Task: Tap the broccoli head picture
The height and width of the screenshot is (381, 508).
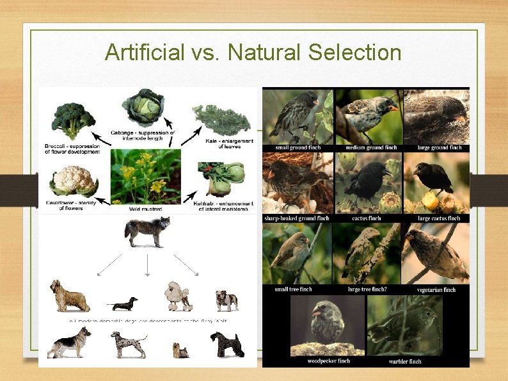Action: [x=73, y=118]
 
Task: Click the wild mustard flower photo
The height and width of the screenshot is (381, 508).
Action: [x=145, y=175]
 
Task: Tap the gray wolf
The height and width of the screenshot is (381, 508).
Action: [x=147, y=231]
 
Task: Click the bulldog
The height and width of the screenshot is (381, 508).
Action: [x=226, y=300]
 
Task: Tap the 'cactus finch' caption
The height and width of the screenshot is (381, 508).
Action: [x=367, y=218]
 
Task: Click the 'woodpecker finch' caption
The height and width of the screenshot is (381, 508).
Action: [x=329, y=361]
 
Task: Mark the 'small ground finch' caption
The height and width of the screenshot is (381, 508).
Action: [x=298, y=147]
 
